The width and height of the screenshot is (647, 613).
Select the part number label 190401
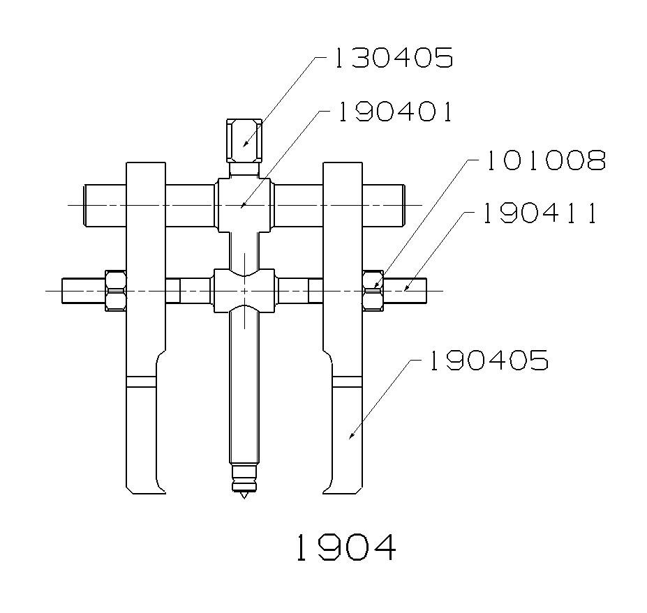[395, 112]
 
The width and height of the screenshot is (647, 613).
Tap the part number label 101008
[546, 160]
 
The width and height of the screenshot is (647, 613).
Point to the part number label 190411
[540, 213]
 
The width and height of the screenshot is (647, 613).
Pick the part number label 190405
[489, 361]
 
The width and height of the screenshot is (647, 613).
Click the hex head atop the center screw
[244, 141]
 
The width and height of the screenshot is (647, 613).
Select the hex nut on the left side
[116, 291]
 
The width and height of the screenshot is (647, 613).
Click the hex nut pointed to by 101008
[373, 291]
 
